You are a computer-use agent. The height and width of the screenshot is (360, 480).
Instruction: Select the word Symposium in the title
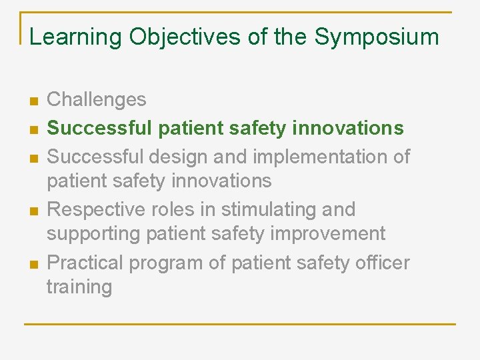(x=377, y=37)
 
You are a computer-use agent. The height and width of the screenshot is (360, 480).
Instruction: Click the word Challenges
(x=97, y=100)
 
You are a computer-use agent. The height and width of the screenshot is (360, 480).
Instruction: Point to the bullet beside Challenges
(x=33, y=101)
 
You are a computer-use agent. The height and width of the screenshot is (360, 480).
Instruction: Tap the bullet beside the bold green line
(x=33, y=129)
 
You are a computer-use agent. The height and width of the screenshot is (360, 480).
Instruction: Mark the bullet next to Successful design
(x=33, y=158)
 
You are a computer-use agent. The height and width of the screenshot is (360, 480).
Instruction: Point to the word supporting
(x=95, y=234)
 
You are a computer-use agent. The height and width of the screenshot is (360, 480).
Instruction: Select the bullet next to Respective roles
(x=33, y=211)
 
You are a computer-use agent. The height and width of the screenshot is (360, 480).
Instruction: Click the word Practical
(x=85, y=263)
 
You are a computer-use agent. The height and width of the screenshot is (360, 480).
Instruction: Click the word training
(x=79, y=287)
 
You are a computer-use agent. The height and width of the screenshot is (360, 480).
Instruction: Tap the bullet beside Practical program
(x=33, y=265)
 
